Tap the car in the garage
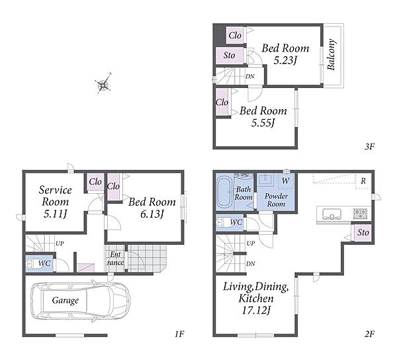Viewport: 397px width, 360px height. pyautogui.click(x=81, y=300)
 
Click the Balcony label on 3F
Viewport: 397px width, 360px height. pyautogui.click(x=331, y=54)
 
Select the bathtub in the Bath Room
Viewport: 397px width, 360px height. pyautogui.click(x=224, y=193)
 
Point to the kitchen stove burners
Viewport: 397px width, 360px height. pyautogui.click(x=360, y=213)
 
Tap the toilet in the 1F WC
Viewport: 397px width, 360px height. pyautogui.click(x=32, y=263)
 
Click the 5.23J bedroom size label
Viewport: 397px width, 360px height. pyautogui.click(x=285, y=60)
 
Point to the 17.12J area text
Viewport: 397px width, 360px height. pyautogui.click(x=255, y=310)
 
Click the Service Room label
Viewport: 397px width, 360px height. pyautogui.click(x=55, y=196)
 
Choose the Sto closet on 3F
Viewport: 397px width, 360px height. pyautogui.click(x=230, y=55)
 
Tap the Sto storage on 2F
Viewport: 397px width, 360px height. pyautogui.click(x=363, y=232)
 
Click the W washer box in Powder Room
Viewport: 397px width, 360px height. pyautogui.click(x=286, y=181)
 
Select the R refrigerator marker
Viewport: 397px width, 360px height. pyautogui.click(x=363, y=181)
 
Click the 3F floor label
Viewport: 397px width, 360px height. pyautogui.click(x=369, y=146)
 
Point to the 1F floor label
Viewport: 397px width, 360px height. pyautogui.click(x=179, y=334)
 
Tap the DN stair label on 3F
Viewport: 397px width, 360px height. pyautogui.click(x=250, y=76)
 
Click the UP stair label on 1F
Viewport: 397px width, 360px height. pyautogui.click(x=60, y=244)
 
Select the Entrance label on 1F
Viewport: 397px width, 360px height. pyautogui.click(x=115, y=258)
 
